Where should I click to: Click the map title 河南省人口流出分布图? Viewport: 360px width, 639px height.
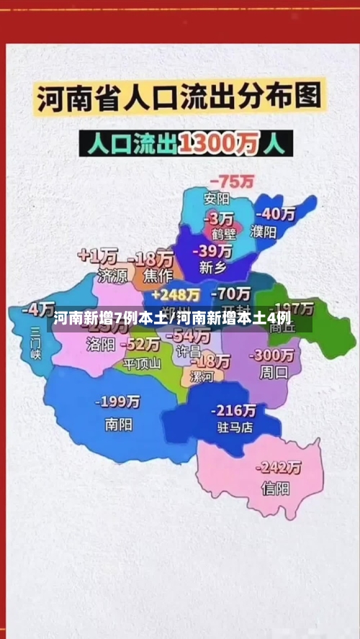pyautogui.click(x=179, y=99)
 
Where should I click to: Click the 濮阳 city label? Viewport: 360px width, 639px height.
pyautogui.click(x=264, y=232)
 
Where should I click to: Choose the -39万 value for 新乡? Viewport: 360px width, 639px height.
pyautogui.click(x=214, y=250)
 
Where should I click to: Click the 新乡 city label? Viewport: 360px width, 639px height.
pyautogui.click(x=211, y=268)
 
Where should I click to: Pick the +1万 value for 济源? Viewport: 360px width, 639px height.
pyautogui.click(x=98, y=255)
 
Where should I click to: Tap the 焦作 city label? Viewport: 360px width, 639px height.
pyautogui.click(x=157, y=275)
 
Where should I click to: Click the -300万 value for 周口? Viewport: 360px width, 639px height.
pyautogui.click(x=273, y=355)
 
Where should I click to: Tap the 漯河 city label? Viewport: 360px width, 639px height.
pyautogui.click(x=202, y=377)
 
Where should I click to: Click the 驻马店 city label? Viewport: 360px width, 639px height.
pyautogui.click(x=234, y=427)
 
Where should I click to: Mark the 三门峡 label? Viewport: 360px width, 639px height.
pyautogui.click(x=36, y=343)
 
